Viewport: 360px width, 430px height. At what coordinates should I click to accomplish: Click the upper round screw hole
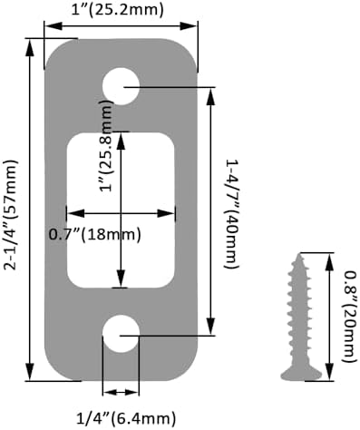click(x=121, y=86)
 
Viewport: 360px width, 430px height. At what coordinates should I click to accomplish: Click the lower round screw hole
click(x=121, y=334)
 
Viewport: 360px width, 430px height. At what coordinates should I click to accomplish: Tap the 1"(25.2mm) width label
click(x=117, y=10)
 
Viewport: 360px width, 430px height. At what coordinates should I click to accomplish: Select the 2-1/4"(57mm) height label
click(x=11, y=214)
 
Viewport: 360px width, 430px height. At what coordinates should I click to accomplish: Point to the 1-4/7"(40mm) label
click(x=231, y=214)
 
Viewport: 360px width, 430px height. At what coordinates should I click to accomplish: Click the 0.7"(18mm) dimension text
click(x=95, y=234)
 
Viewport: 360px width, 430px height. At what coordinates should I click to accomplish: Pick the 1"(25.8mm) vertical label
click(x=106, y=145)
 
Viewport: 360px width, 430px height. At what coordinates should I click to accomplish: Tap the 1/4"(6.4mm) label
click(x=125, y=418)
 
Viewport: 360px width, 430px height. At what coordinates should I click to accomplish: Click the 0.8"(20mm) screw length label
click(x=350, y=317)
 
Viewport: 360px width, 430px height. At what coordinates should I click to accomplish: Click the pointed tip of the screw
click(x=300, y=254)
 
